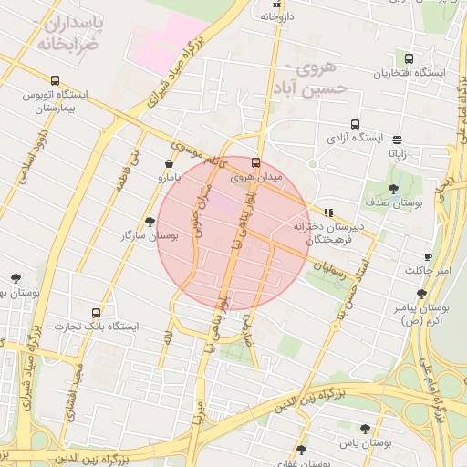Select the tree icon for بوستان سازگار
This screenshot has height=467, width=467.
pyautogui.click(x=150, y=222)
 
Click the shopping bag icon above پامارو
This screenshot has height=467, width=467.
pyautogui.click(x=170, y=163)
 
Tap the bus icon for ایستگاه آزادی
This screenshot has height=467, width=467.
pyautogui.click(x=355, y=125)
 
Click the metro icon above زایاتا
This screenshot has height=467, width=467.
pyautogui.click(x=398, y=140)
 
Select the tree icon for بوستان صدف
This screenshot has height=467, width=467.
pyautogui.click(x=393, y=189)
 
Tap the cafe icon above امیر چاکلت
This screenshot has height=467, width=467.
pyautogui.click(x=428, y=257)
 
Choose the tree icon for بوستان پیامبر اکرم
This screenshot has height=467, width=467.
pyautogui.click(x=421, y=294)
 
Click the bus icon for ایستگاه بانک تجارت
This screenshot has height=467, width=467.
pyautogui.click(x=97, y=313)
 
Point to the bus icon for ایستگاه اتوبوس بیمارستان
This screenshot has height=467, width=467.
pyautogui.click(x=56, y=80)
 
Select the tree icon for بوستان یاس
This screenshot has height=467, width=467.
pyautogui.click(x=366, y=429)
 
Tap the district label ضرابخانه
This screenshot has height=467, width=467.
pyautogui.click(x=66, y=42)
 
